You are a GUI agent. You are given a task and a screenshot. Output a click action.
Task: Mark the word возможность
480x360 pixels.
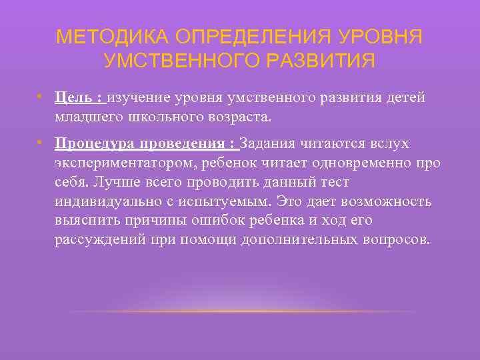[x=383, y=201]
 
